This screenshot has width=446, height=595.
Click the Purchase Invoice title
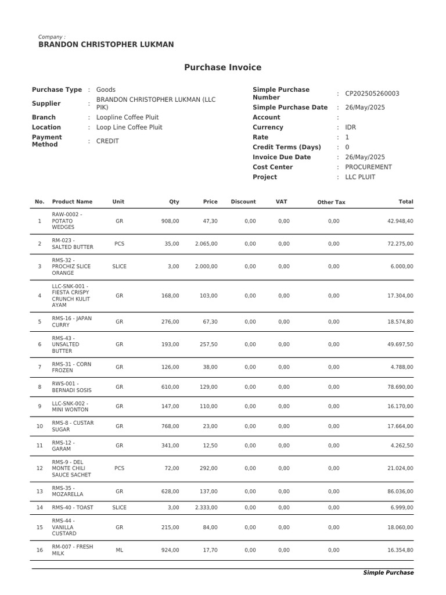(222, 67)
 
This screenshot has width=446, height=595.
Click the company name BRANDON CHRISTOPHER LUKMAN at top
(106, 45)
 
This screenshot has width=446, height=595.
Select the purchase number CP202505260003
(372, 94)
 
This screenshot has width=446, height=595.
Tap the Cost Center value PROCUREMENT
(368, 167)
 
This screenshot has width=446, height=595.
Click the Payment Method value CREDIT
(107, 141)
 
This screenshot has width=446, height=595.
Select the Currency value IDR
(351, 127)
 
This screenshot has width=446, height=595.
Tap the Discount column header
(243, 202)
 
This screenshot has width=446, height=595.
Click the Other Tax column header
(331, 202)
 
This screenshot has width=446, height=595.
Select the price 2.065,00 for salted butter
(206, 244)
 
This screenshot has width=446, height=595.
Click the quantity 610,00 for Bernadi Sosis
(170, 387)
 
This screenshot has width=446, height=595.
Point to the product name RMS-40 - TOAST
(73, 508)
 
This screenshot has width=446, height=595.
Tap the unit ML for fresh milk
(119, 550)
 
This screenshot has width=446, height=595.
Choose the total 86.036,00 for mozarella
(400, 492)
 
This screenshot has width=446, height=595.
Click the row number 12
(39, 468)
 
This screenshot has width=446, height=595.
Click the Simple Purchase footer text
(388, 573)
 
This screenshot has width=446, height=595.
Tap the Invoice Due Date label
(282, 157)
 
